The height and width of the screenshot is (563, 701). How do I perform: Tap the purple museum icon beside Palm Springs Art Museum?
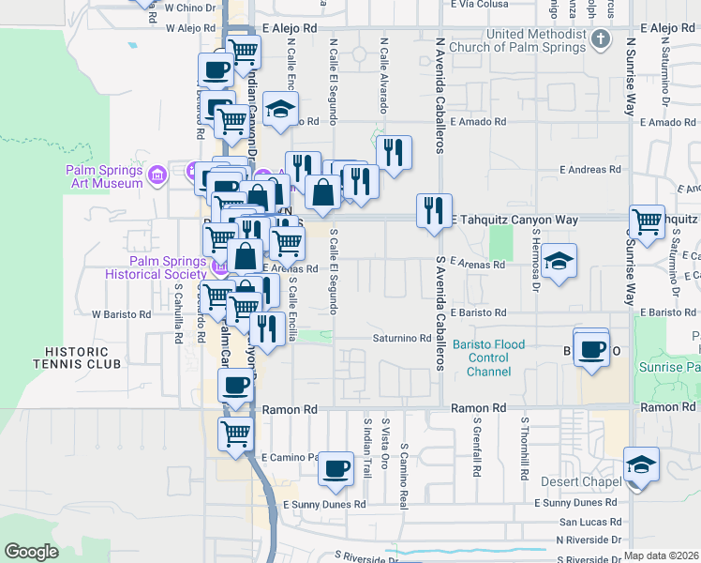(x=157, y=175)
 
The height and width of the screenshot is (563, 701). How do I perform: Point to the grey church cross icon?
(x=602, y=39)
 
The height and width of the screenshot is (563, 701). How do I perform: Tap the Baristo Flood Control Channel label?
(x=487, y=358)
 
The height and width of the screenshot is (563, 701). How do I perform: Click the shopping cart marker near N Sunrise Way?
(x=648, y=221)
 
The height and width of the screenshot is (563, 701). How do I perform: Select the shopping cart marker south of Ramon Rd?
(x=235, y=434)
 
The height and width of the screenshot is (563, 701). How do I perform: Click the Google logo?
(x=32, y=552)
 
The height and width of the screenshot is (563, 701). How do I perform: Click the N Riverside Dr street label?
(x=588, y=540)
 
